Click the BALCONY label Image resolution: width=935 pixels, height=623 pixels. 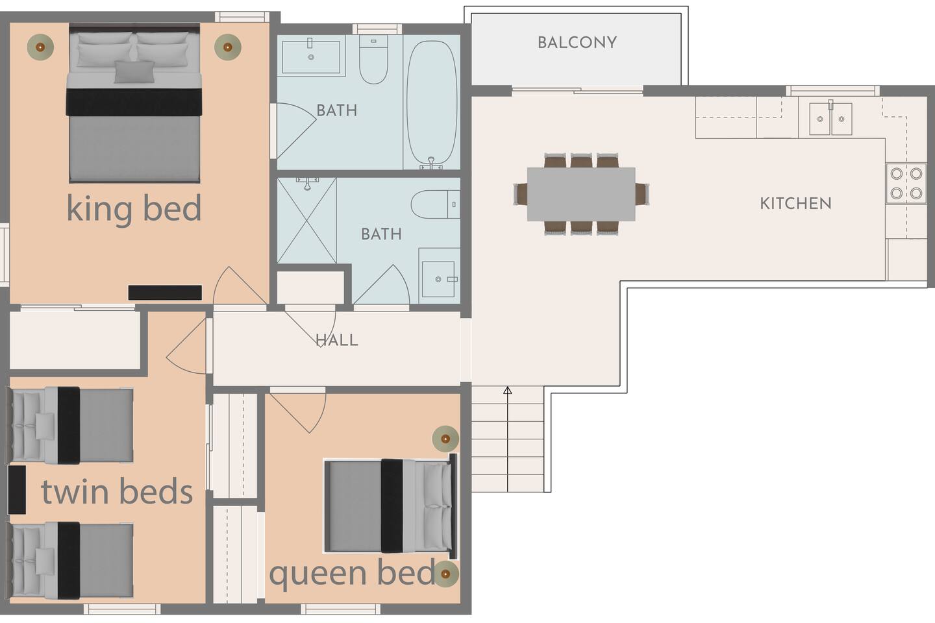pyautogui.click(x=577, y=43)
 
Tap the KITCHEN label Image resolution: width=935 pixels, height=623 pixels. pyautogui.click(x=795, y=204)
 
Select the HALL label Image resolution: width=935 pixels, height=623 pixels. pyautogui.click(x=337, y=340)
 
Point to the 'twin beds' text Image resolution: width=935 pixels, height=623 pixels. pyautogui.click(x=117, y=491)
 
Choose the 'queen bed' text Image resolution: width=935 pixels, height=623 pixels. pyautogui.click(x=353, y=573)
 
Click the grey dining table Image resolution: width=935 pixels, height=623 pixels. pyautogui.click(x=581, y=194)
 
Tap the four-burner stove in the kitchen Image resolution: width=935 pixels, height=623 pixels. pyautogui.click(x=906, y=184)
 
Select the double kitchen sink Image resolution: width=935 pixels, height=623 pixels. pyautogui.click(x=830, y=119)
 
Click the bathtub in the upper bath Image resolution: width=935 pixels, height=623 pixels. pyautogui.click(x=432, y=104)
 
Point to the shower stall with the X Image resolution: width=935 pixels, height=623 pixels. pyautogui.click(x=306, y=221)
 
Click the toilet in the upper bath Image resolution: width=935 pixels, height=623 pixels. pyautogui.click(x=373, y=60)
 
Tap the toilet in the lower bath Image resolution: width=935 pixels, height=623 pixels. pyautogui.click(x=435, y=204)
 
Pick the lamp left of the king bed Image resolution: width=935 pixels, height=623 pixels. pyautogui.click(x=40, y=47)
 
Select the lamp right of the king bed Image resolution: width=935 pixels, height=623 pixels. pyautogui.click(x=227, y=47)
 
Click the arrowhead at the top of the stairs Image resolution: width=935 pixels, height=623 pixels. pyautogui.click(x=508, y=390)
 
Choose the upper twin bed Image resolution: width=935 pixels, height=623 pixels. pyautogui.click(x=70, y=425)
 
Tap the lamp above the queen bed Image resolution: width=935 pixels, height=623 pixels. pyautogui.click(x=445, y=439)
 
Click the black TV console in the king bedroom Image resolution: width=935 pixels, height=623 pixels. pyautogui.click(x=165, y=293)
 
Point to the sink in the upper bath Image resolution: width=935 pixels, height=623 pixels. pyautogui.click(x=311, y=56)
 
